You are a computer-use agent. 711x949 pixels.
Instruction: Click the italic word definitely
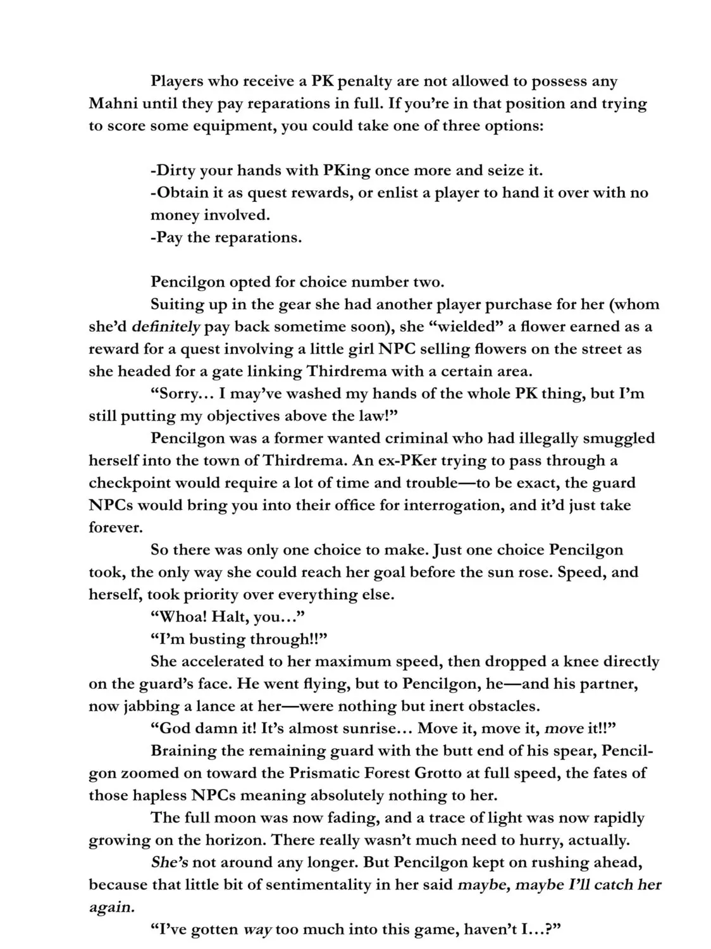(x=166, y=326)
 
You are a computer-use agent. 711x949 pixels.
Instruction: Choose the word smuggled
(x=619, y=438)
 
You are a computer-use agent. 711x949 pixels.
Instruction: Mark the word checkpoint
(x=128, y=483)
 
